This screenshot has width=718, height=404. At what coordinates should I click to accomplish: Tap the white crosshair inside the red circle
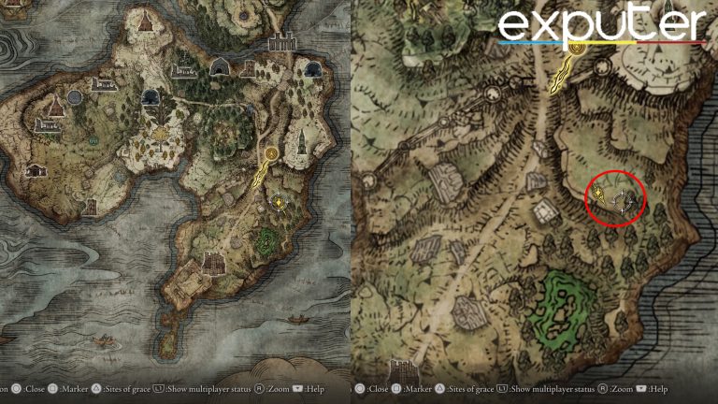pyautogui.click(x=620, y=199)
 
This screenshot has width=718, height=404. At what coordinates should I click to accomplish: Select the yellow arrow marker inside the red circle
pyautogui.click(x=597, y=194)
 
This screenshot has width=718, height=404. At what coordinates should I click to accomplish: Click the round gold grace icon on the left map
pyautogui.click(x=272, y=151)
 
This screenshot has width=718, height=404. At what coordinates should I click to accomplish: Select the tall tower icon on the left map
pyautogui.click(x=301, y=143)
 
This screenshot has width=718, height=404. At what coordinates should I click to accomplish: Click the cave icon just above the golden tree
pyautogui.click(x=150, y=96)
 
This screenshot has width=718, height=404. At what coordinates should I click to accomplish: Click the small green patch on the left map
pyautogui.click(x=267, y=238)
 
